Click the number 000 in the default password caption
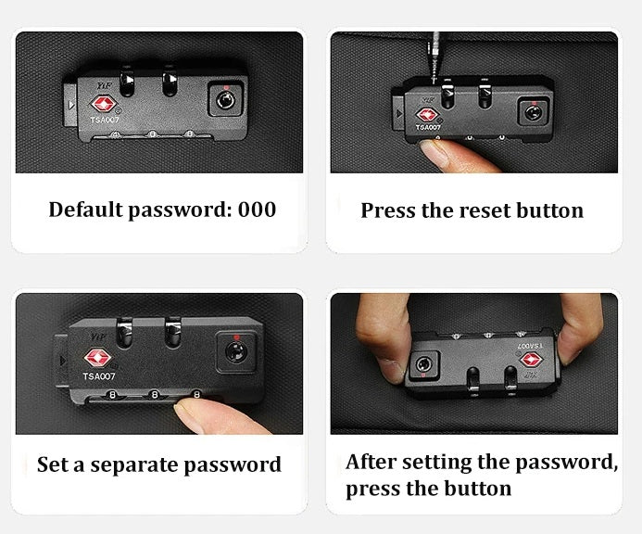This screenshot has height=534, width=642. click(257, 210)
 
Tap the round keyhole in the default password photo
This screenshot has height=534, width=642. click(225, 98)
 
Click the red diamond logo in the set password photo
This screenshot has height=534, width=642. click(96, 358)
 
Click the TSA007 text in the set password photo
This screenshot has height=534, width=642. click(98, 376)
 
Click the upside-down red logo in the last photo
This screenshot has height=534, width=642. click(529, 359)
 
